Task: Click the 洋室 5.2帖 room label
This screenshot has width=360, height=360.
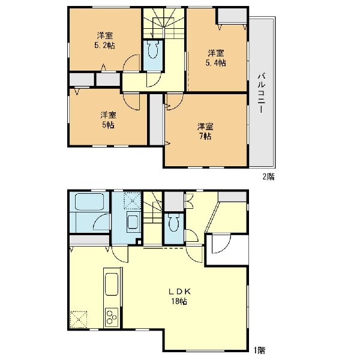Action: pyautogui.click(x=104, y=41)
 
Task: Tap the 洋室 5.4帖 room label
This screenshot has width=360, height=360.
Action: pyautogui.click(x=216, y=58)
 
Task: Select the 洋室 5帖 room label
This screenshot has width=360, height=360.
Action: pyautogui.click(x=108, y=120)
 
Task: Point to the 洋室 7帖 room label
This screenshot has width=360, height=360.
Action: pyautogui.click(x=205, y=131)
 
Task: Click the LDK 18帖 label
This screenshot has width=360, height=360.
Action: pyautogui.click(x=179, y=296)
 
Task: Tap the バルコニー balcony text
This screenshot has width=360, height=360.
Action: pyautogui.click(x=262, y=93)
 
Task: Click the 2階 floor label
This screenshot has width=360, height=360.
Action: pyautogui.click(x=268, y=177)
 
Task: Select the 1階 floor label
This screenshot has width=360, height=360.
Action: pyautogui.click(x=259, y=350)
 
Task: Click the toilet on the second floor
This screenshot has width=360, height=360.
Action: pyautogui.click(x=153, y=49)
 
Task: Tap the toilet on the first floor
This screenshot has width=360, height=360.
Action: pyautogui.click(x=174, y=223)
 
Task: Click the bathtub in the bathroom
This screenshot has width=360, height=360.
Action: pyautogui.click(x=89, y=202)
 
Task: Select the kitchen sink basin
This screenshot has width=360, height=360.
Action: pyautogui.click(x=112, y=284)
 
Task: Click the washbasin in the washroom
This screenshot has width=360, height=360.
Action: pyautogui.click(x=133, y=222)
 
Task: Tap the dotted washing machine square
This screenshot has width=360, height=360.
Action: pyautogui.click(x=133, y=201)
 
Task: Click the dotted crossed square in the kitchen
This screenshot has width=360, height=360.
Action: pyautogui.click(x=79, y=320)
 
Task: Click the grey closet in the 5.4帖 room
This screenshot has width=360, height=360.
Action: pyautogui.click(x=232, y=16)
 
